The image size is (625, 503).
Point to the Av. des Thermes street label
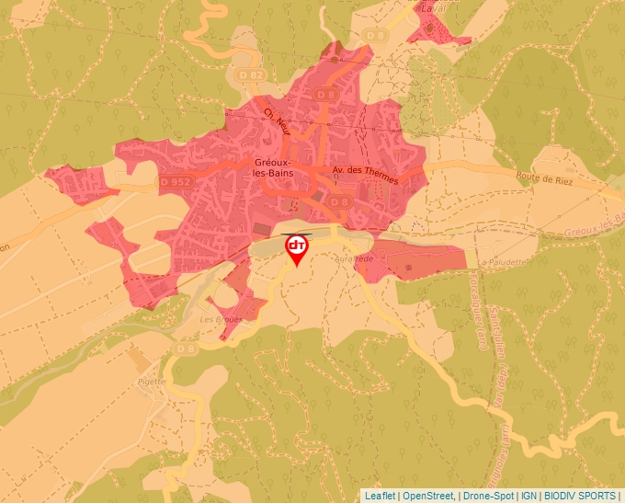pos(365,175)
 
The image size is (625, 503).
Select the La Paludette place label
pos(503,262)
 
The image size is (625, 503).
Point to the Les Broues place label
pos(222,320)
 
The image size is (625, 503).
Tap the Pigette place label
pos(151,381)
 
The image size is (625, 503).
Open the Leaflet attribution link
pos(380,496)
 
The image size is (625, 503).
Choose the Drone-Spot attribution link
pos(488,496)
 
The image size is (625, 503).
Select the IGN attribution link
pos(529,496)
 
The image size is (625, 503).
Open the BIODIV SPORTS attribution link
pos(580,496)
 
